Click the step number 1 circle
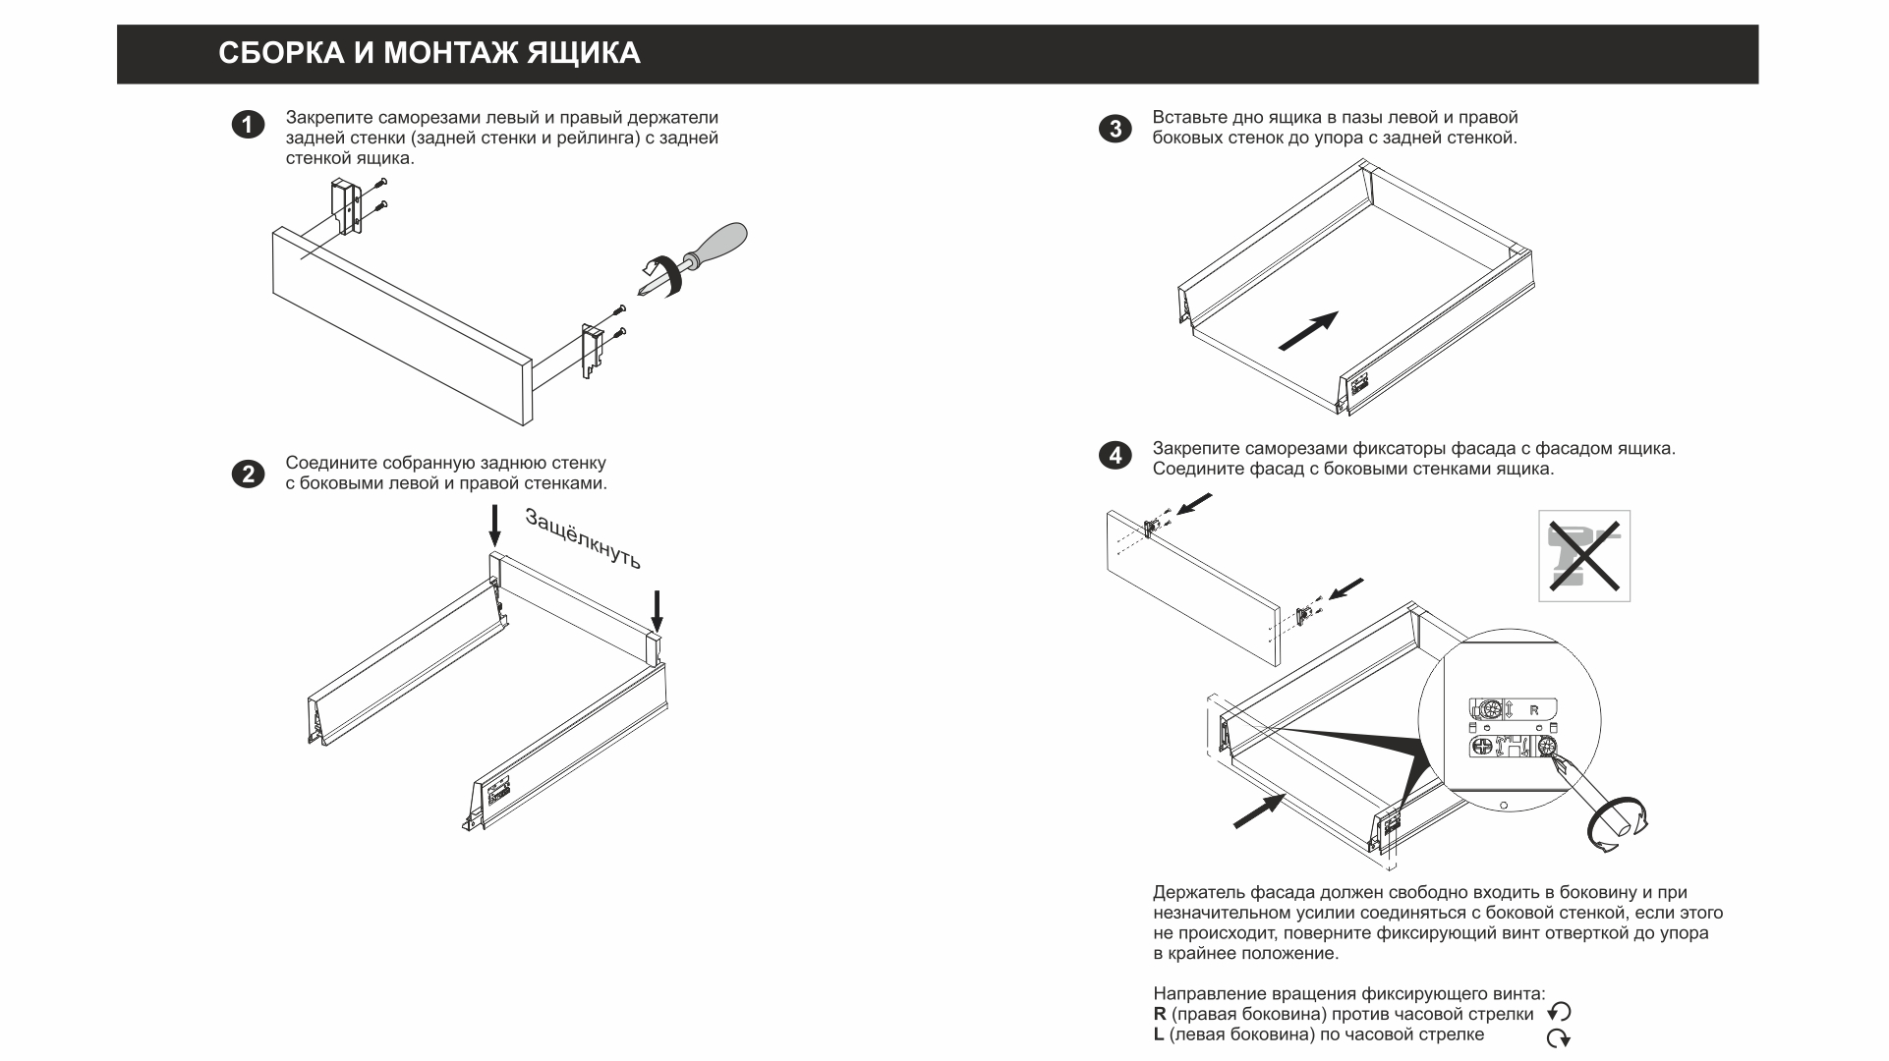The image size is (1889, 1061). [x=248, y=126]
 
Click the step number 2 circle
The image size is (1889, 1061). [x=248, y=475]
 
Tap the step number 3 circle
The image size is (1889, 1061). [x=1115, y=129]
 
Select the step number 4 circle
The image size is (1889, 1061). [x=1115, y=457]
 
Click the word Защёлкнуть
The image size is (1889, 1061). [x=583, y=538]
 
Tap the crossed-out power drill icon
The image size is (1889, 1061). [x=1583, y=555]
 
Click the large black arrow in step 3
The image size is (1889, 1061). [x=1308, y=330]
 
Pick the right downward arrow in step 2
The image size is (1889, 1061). [x=658, y=610]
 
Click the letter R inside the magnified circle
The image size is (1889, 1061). [x=1534, y=709]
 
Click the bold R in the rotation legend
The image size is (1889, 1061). [x=1160, y=1014]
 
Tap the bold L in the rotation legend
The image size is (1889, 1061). [x=1159, y=1034]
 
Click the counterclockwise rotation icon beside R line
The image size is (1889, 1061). [x=1559, y=1013]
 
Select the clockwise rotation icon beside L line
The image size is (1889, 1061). [x=1558, y=1037]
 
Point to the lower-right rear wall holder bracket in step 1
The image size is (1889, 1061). [x=592, y=351]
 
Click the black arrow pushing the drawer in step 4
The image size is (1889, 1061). [x=1259, y=811]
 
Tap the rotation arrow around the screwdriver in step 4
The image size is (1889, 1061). [x=1618, y=825]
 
